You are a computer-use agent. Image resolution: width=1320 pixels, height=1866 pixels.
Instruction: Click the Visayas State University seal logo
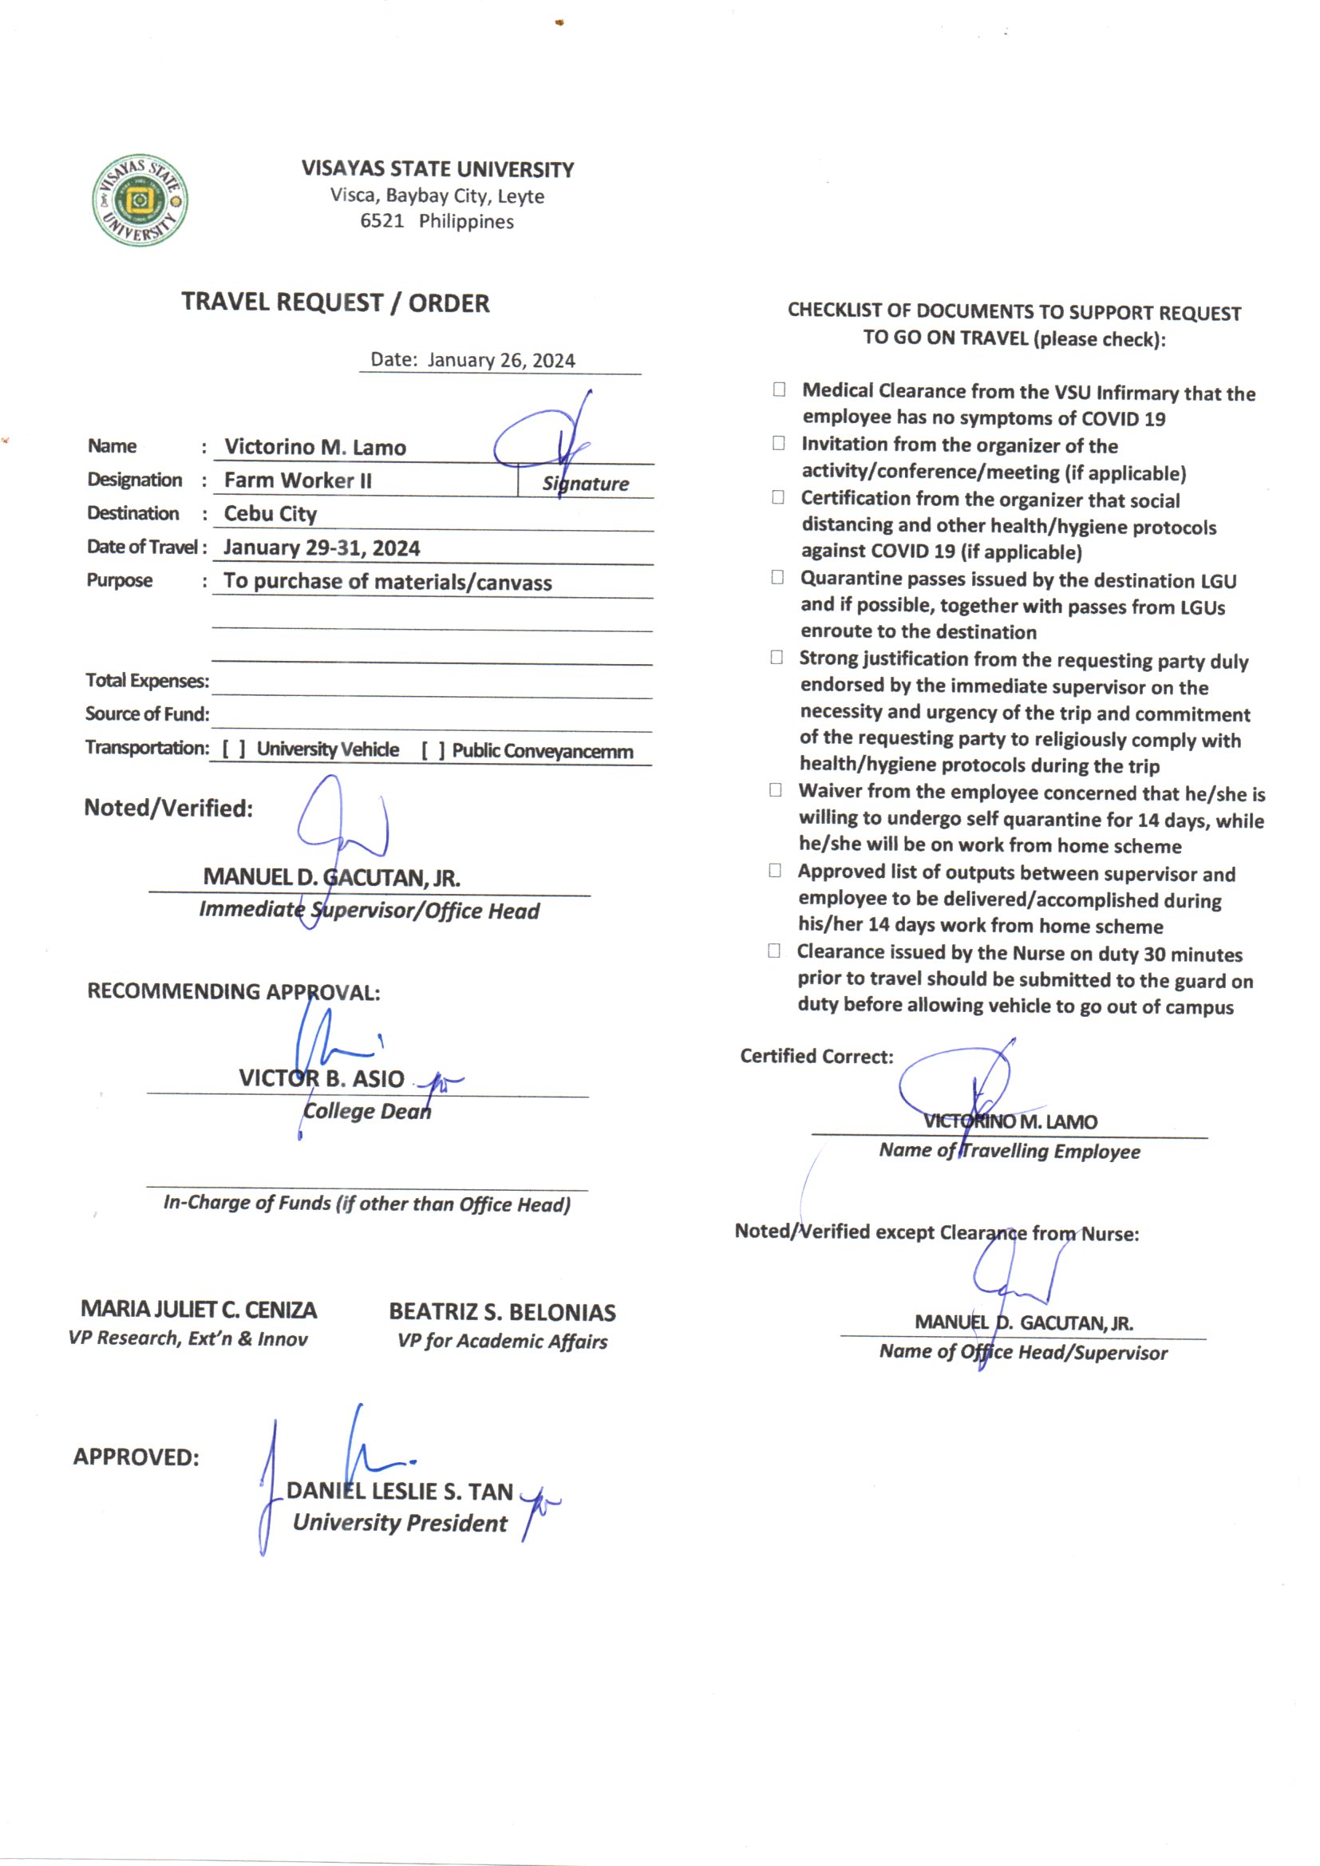pyautogui.click(x=140, y=200)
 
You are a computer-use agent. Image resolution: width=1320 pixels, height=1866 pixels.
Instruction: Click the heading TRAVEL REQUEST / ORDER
pyautogui.click(x=335, y=302)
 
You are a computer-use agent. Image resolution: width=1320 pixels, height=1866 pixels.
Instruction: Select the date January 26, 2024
pyautogui.click(x=500, y=360)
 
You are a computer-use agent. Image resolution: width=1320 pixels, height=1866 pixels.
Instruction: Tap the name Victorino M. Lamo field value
pyautogui.click(x=314, y=447)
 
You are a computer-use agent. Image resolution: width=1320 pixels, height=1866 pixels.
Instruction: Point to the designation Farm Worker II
pyautogui.click(x=298, y=480)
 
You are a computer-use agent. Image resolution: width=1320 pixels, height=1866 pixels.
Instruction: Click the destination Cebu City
pyautogui.click(x=270, y=514)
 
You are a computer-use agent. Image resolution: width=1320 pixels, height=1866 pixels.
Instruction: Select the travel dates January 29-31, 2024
pyautogui.click(x=322, y=548)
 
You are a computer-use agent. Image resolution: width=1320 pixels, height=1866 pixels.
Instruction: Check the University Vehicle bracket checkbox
pyautogui.click(x=233, y=749)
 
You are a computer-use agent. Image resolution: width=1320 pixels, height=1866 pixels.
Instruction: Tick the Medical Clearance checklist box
pyautogui.click(x=779, y=389)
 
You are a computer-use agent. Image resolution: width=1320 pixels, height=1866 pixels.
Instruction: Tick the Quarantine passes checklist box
pyautogui.click(x=777, y=577)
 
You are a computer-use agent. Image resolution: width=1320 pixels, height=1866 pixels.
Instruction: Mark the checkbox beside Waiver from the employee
pyautogui.click(x=776, y=790)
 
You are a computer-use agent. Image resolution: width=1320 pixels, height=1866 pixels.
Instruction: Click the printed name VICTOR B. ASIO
pyautogui.click(x=321, y=1077)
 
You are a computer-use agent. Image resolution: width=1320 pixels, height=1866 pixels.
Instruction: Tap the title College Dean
pyautogui.click(x=366, y=1111)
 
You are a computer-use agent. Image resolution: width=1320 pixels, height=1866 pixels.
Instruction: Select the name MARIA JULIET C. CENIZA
pyautogui.click(x=199, y=1309)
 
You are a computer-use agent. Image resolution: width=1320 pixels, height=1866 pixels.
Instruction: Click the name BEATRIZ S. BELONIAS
pyautogui.click(x=501, y=1312)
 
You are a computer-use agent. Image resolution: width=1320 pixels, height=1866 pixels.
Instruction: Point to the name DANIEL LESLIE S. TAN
pyautogui.click(x=399, y=1492)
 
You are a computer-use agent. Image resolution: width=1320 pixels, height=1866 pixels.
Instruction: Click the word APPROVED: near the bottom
pyautogui.click(x=136, y=1457)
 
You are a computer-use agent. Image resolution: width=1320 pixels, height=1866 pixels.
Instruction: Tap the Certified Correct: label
pyautogui.click(x=816, y=1056)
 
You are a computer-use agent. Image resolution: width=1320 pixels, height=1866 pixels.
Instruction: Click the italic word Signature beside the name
pyautogui.click(x=585, y=484)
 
